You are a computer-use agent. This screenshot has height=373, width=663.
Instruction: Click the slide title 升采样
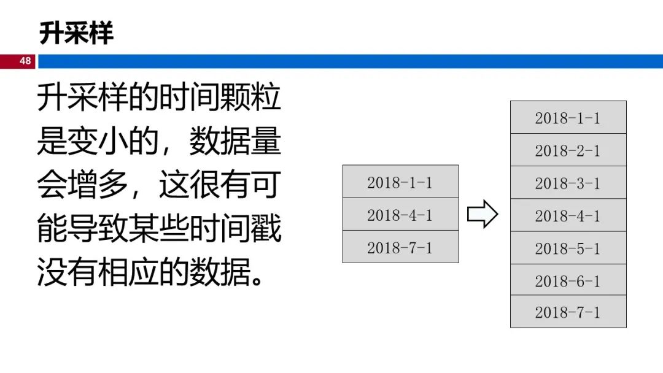pos(76,33)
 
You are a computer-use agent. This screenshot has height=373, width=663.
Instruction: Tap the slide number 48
pos(25,61)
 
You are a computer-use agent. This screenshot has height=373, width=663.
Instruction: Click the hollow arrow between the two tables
pos(483,214)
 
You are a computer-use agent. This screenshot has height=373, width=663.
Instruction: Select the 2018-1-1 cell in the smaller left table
pos(400,182)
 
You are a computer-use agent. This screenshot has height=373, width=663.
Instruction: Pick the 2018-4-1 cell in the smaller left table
pos(400,215)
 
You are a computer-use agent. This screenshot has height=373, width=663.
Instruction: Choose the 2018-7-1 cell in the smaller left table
pos(400,247)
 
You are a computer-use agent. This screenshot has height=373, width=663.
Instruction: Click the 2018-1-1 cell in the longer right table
pos(568,118)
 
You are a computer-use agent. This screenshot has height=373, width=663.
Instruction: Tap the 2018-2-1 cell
pos(568,150)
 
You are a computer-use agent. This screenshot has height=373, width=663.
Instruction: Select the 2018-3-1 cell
pos(568,183)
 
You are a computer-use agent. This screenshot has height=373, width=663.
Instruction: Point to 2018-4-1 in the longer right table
pos(568,215)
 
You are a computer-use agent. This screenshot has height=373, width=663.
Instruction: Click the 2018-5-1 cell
pos(568,248)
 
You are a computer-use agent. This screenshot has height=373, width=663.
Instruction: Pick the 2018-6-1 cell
pos(568,280)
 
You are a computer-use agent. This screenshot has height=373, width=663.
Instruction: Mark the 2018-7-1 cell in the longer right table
pos(568,312)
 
